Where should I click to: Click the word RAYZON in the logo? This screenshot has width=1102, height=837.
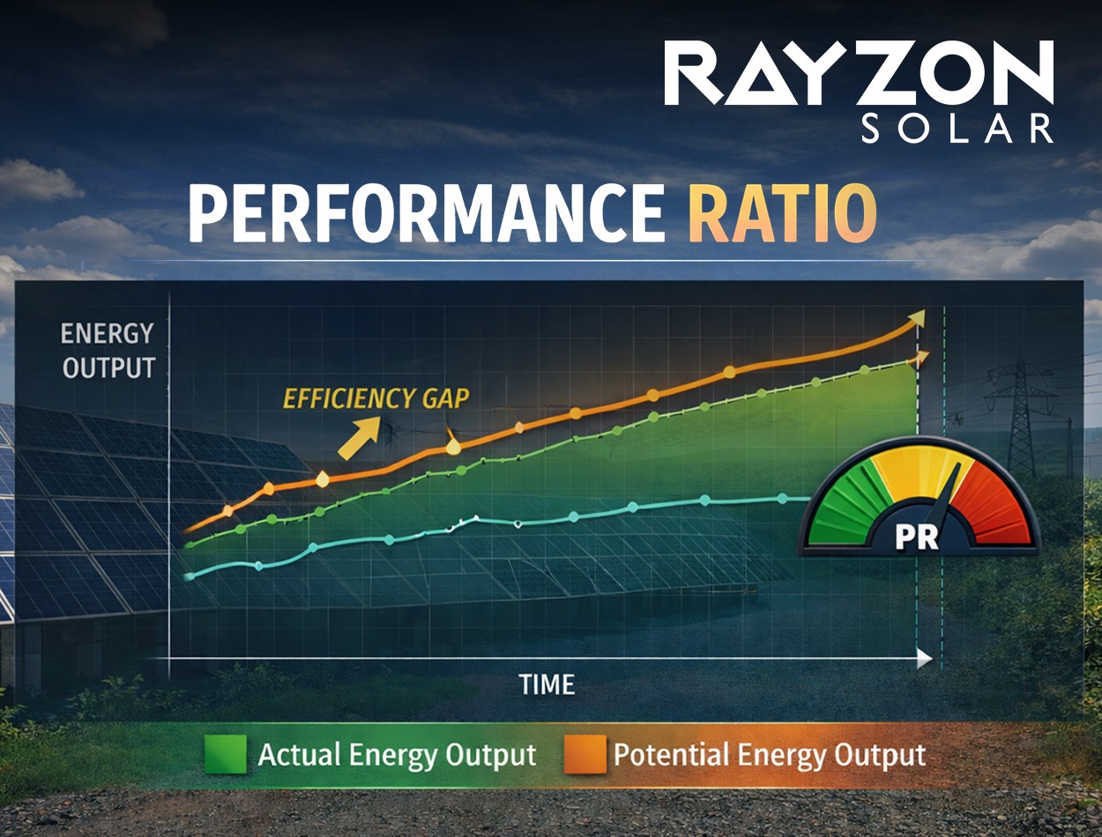click(859, 74)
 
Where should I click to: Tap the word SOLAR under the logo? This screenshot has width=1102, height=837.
click(957, 129)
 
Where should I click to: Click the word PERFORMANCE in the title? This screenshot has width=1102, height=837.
click(426, 214)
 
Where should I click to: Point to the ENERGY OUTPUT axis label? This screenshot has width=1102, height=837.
click(108, 351)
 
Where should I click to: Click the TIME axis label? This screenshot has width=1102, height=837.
click(547, 685)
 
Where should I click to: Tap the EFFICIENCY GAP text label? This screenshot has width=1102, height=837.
click(376, 398)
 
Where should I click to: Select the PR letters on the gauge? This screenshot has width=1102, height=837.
click(917, 537)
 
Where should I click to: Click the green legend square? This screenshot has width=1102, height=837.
click(225, 755)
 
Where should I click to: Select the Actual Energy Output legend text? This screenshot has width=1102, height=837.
click(397, 755)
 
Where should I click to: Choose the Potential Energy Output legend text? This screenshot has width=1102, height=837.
click(769, 755)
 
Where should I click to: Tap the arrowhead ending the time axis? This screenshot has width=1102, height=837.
click(924, 657)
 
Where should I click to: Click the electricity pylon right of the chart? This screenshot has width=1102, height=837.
click(1021, 414)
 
